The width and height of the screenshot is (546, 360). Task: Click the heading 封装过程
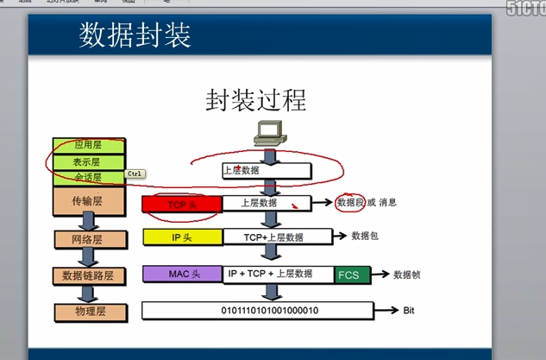coord(255,99)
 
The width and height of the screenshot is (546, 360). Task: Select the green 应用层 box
coord(89,144)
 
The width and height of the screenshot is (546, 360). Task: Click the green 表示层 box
coord(89,161)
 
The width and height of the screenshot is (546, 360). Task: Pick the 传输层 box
coord(89,201)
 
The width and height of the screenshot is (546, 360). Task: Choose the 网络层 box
coord(89,238)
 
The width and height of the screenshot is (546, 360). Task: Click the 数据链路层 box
coord(89,275)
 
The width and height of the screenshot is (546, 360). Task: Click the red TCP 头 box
coord(181,204)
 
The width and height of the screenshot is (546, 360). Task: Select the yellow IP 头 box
coord(181,237)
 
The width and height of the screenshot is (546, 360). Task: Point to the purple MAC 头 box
coord(182,274)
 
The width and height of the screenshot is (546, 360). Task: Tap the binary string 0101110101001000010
coord(270,310)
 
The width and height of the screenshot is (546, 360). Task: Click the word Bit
coord(410,310)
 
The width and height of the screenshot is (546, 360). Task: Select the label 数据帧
coord(406,275)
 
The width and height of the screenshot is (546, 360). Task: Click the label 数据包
coord(365,235)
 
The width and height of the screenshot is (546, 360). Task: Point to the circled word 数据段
coord(350,202)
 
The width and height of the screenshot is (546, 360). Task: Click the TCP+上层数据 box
coord(277,237)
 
